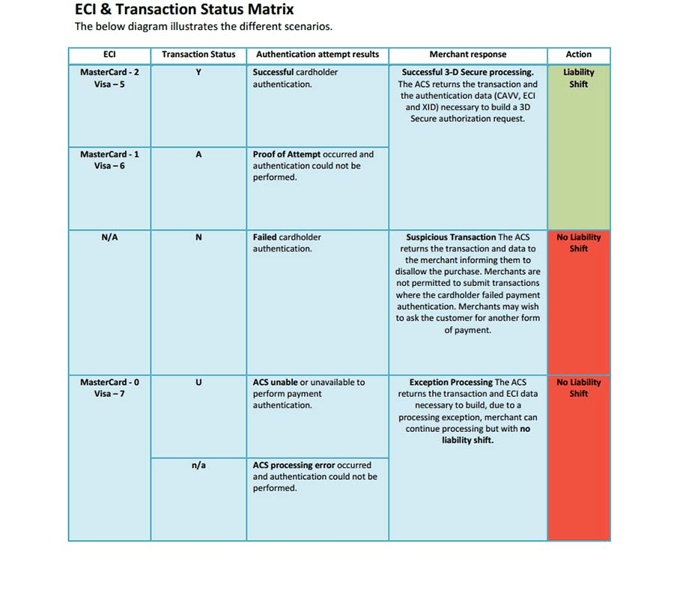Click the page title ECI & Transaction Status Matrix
tap(184, 10)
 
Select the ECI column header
tap(109, 55)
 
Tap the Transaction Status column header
tap(198, 55)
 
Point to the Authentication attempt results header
tap(318, 55)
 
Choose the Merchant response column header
tap(467, 55)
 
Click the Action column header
tap(578, 55)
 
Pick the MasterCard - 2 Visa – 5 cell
tap(109, 79)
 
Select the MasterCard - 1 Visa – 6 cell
tap(109, 160)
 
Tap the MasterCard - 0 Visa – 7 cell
tap(109, 388)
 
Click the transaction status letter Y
tap(198, 73)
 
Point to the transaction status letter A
tap(198, 154)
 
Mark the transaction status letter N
tap(198, 237)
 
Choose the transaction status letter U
tap(198, 383)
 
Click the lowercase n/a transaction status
tap(198, 466)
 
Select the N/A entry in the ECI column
tap(109, 237)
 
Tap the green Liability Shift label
tap(578, 79)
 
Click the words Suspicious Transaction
tap(451, 237)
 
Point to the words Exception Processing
tap(451, 383)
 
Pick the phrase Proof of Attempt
tap(287, 154)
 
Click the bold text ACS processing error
tap(293, 466)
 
